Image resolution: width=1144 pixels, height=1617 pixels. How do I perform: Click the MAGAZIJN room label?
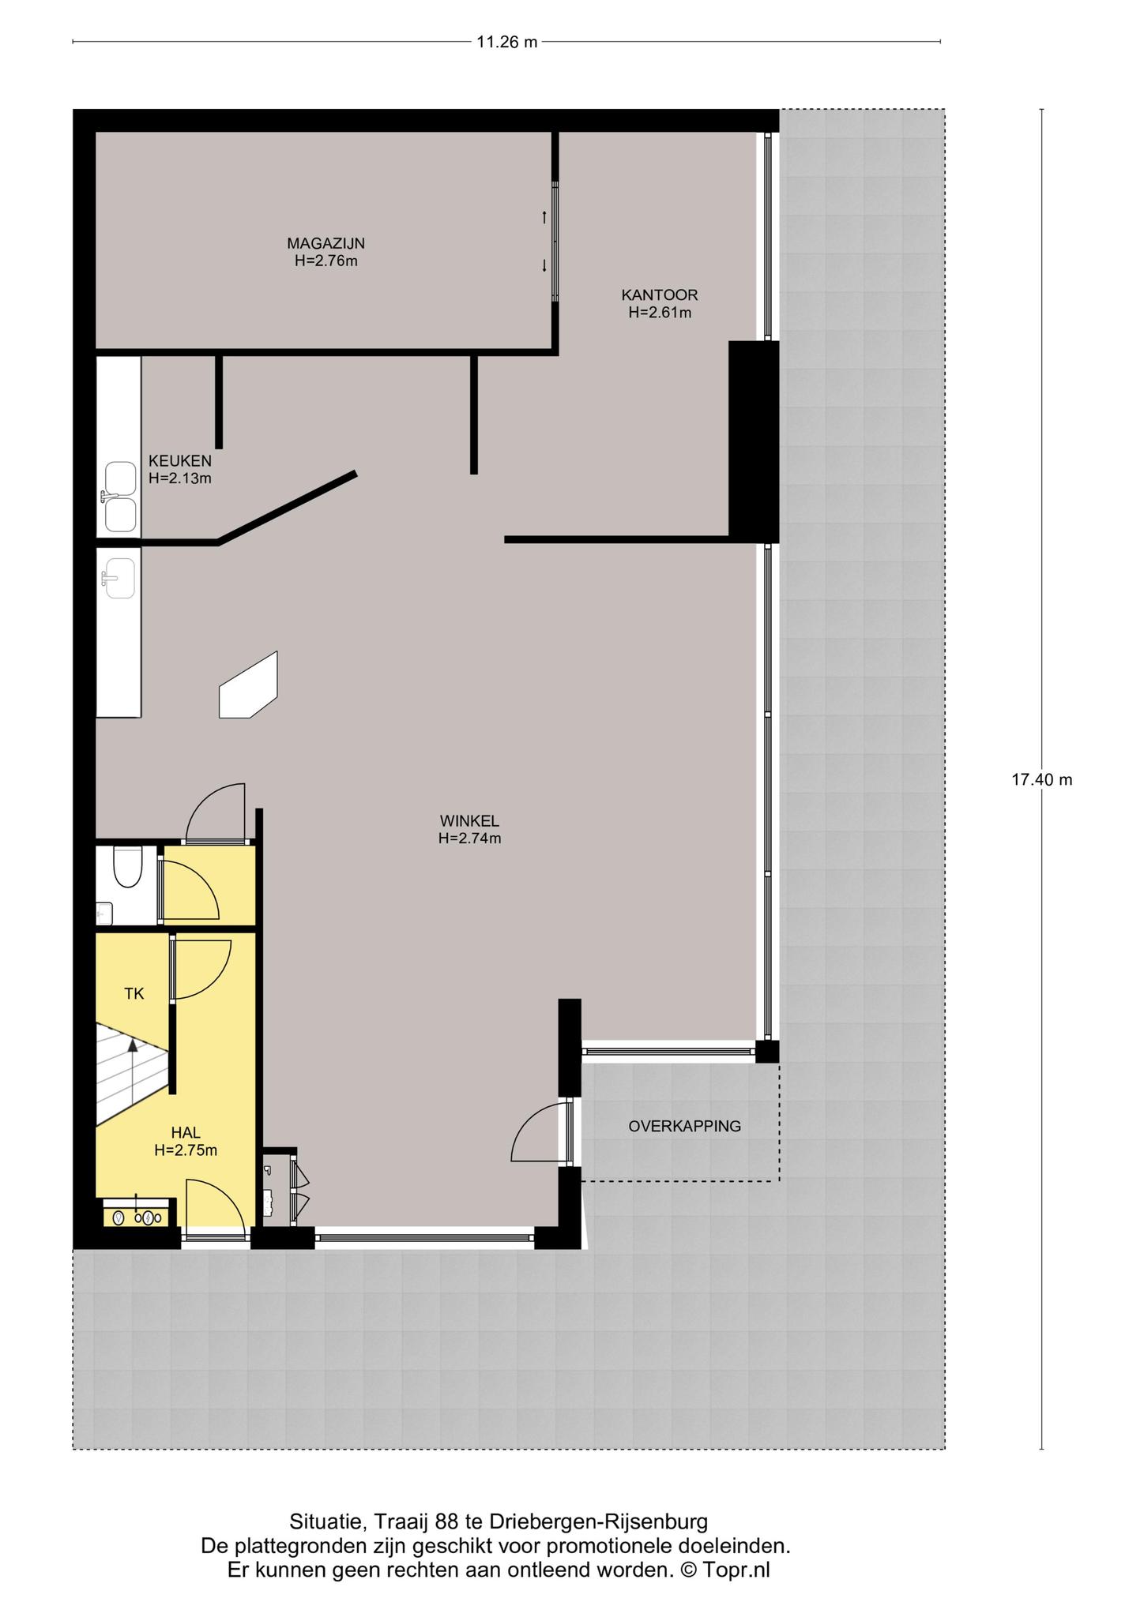(x=326, y=243)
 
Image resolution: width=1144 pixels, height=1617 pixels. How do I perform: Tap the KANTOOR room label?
(x=660, y=295)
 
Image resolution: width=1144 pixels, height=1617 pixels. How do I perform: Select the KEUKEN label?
(x=180, y=461)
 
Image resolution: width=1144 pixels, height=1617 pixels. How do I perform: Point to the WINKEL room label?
(x=469, y=821)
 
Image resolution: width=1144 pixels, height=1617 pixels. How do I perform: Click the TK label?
(x=134, y=994)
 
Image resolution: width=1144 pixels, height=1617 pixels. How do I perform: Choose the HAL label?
(x=186, y=1133)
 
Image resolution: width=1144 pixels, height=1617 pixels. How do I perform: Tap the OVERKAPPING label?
(x=685, y=1127)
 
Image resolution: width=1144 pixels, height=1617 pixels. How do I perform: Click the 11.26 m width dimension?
(x=506, y=42)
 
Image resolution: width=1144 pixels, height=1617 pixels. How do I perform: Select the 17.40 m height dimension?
(x=1042, y=780)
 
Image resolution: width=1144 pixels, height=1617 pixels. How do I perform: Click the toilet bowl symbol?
(x=126, y=867)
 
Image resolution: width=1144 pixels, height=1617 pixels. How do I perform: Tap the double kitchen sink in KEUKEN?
(x=121, y=497)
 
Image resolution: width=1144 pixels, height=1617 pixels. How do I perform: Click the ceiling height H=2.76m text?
(x=326, y=261)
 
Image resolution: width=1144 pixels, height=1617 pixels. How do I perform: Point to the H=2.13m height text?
(x=180, y=478)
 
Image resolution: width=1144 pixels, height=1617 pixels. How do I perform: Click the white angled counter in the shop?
(x=248, y=685)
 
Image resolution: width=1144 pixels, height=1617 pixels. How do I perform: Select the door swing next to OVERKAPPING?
(x=539, y=1131)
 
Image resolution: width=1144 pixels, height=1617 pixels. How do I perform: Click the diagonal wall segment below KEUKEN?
(x=287, y=508)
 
